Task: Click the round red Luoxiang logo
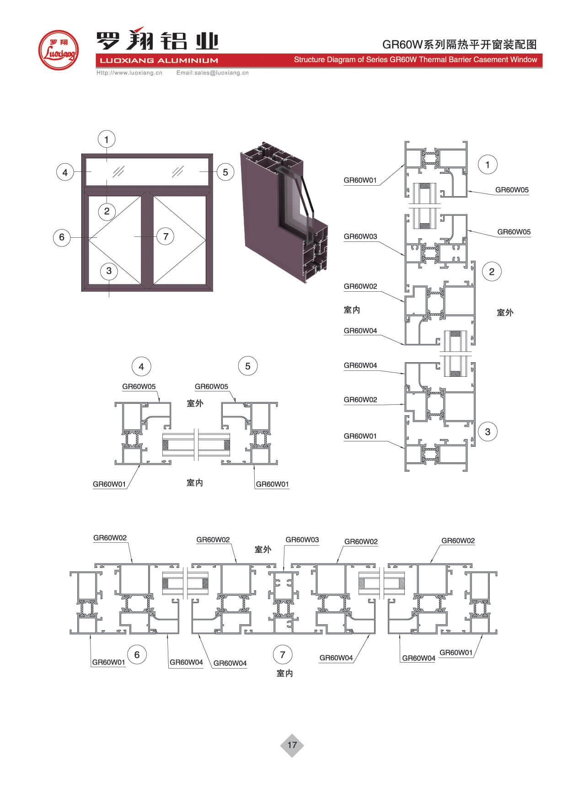click(58, 50)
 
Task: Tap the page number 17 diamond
click(292, 745)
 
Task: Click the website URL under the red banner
click(129, 73)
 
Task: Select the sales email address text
click(213, 73)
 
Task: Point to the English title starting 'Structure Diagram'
click(415, 60)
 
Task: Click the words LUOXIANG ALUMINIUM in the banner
click(159, 60)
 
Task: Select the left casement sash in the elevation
click(115, 240)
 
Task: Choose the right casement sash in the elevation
click(180, 240)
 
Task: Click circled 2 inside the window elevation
click(107, 211)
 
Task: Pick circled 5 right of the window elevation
click(225, 172)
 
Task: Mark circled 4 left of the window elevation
click(65, 172)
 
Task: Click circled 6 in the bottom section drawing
click(137, 655)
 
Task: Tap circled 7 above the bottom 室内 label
click(282, 654)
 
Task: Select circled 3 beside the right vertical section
click(488, 432)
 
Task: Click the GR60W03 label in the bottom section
click(302, 540)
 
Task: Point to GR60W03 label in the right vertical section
click(360, 236)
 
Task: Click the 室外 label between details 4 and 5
click(195, 403)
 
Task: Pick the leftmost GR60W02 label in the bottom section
click(110, 538)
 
